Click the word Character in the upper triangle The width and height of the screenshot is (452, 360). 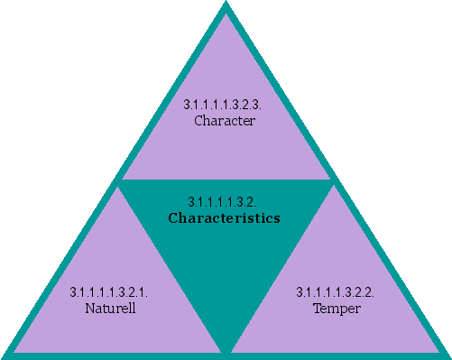click(x=225, y=120)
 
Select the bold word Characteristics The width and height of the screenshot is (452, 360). click(x=225, y=218)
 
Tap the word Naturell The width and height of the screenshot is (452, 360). click(x=108, y=309)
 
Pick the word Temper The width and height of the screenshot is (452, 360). click(x=336, y=309)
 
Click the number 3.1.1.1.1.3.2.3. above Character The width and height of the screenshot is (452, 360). click(x=225, y=105)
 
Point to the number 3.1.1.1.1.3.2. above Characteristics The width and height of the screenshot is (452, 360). click(x=225, y=202)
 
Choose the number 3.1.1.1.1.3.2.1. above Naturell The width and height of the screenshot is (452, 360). click(x=108, y=293)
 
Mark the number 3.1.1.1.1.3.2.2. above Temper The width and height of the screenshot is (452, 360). click(x=336, y=293)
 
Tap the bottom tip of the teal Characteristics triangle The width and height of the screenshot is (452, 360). click(x=226, y=346)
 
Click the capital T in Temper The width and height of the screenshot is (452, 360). click(x=317, y=309)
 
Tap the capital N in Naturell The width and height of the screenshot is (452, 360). click(x=88, y=309)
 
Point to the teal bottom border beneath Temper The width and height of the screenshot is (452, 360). click(x=336, y=355)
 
